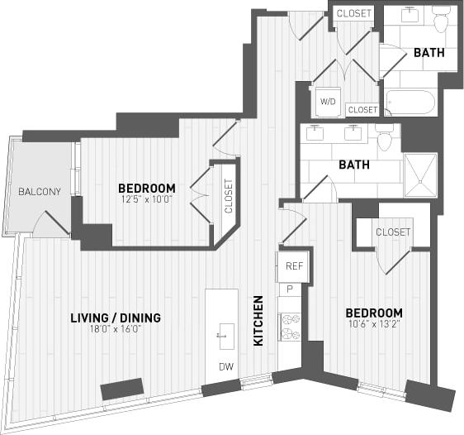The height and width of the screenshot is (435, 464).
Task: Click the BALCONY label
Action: (40, 193)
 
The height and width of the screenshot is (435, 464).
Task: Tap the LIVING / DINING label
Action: (116, 318)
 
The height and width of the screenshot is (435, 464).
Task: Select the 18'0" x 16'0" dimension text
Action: (116, 329)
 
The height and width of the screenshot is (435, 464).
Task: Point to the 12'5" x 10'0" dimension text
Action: (146, 198)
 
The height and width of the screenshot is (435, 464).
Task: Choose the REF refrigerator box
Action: (295, 266)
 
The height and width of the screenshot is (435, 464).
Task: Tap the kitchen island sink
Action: (223, 336)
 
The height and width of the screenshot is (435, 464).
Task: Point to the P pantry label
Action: (290, 289)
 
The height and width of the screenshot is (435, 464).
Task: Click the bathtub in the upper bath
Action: (410, 103)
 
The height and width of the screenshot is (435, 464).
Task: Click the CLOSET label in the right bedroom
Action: (392, 232)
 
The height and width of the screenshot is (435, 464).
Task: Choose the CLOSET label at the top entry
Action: (354, 13)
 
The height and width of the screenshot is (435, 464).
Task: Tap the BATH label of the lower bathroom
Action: (353, 165)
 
